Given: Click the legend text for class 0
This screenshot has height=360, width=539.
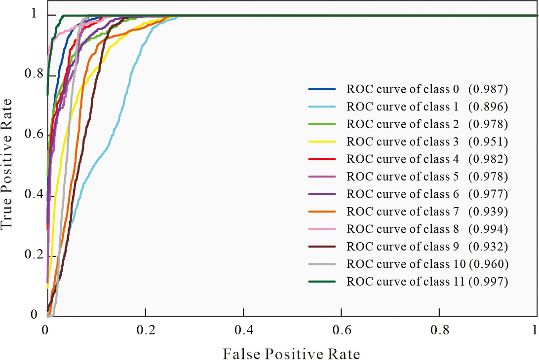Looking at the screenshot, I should point(403,89).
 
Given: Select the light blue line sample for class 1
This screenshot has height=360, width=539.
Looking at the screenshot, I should point(322,107).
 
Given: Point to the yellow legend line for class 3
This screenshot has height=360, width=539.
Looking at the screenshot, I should point(322,142).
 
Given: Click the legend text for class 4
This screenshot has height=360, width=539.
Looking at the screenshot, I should point(403,159).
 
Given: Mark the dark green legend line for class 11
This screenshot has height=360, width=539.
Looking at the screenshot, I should point(322,282).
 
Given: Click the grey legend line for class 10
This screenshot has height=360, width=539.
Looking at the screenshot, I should point(322,264).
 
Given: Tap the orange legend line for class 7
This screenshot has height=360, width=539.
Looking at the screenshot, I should point(322,212).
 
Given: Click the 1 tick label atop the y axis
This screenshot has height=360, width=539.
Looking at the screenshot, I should point(34,14).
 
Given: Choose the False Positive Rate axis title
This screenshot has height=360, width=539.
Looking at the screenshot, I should point(291,353).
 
